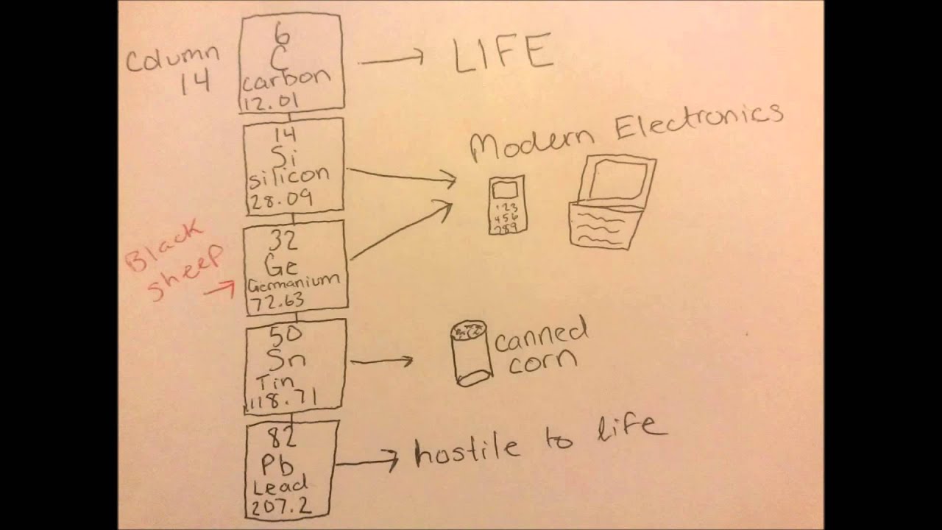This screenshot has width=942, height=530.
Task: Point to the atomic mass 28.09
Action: coord(280,199)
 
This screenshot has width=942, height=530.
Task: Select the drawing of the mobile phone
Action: coord(506,205)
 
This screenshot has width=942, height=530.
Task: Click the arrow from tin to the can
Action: coord(381,361)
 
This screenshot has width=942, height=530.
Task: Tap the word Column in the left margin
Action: coord(172,57)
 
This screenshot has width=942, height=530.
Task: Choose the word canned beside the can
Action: coord(541,336)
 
